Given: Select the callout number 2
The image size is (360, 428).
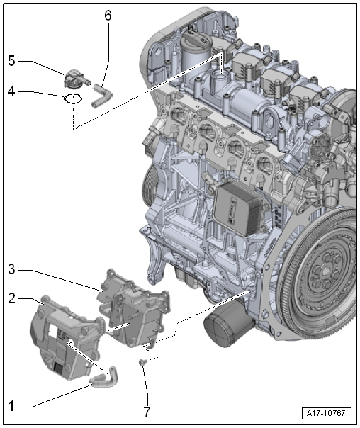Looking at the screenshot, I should [11, 300].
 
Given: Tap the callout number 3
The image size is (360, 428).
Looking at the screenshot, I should [11, 269].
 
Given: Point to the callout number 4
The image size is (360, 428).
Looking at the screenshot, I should [11, 91].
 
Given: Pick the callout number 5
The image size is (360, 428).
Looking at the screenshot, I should [11, 60].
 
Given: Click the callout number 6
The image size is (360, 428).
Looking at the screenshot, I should [108, 15].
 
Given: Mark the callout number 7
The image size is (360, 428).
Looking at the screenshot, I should [147, 410].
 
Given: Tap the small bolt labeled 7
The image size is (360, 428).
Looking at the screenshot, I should [142, 363].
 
